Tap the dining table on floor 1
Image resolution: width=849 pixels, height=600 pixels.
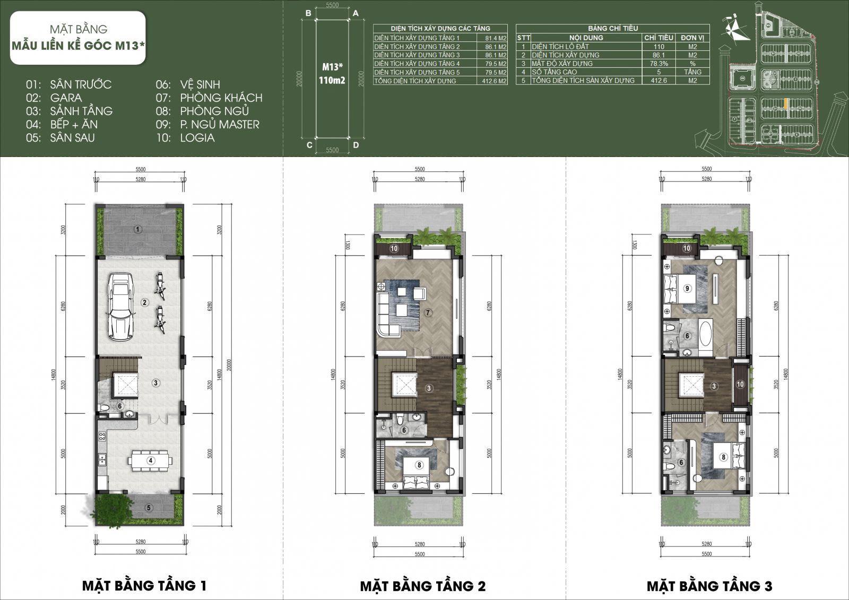coord(151,460)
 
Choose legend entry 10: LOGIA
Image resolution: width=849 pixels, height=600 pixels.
coord(185,137)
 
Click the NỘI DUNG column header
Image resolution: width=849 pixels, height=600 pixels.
coord(586,38)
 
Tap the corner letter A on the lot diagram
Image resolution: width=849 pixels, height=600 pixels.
coord(356,13)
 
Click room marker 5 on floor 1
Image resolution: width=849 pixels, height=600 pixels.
coord(149,508)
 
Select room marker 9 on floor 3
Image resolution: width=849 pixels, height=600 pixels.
coord(687,289)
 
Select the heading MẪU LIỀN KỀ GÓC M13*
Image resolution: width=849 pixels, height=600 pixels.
coord(78,46)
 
